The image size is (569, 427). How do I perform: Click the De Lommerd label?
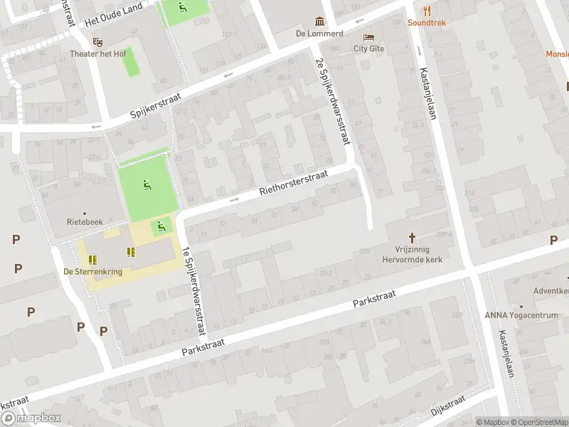click(x=319, y=33)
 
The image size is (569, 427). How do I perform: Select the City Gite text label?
click(x=368, y=49)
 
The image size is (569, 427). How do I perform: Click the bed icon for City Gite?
click(x=368, y=37)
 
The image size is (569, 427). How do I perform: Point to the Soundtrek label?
click(x=427, y=23)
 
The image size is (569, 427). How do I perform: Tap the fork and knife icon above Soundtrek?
click(x=427, y=11)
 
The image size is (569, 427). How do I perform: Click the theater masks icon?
click(x=97, y=42)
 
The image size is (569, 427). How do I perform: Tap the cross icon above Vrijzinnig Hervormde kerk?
click(x=411, y=237)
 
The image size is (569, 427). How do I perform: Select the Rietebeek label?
click(x=84, y=222)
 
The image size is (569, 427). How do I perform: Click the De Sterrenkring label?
click(x=92, y=271)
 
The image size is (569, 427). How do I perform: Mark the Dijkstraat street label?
click(x=448, y=406)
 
